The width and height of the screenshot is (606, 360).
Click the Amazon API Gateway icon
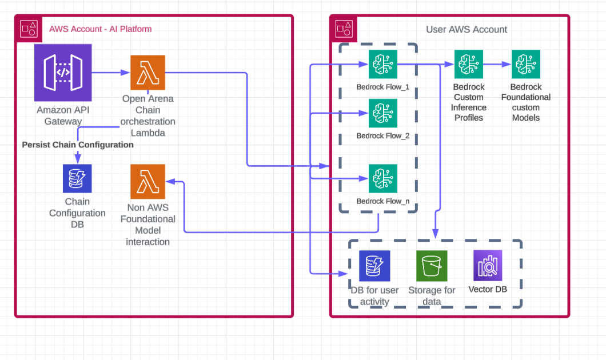coord(63,73)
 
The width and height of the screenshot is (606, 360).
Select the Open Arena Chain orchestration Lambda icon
coord(147,73)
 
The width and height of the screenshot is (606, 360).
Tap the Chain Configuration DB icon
coord(77,178)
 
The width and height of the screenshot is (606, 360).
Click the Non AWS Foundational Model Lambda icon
coord(147,182)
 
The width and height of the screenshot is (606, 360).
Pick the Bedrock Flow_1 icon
coord(383,65)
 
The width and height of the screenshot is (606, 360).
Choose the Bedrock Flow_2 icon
coord(383,113)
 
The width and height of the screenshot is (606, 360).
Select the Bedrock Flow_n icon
coord(383,179)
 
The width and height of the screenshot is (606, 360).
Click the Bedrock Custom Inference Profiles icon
coord(469,64)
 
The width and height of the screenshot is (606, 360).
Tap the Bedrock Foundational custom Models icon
coord(526,64)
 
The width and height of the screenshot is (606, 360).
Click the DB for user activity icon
coord(374,266)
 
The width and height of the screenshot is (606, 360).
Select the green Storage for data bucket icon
coord(432,266)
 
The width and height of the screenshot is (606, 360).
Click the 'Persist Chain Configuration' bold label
coord(78,145)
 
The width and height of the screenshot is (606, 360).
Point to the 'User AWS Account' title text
coord(467,29)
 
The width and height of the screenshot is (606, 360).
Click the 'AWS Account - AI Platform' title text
coord(100,29)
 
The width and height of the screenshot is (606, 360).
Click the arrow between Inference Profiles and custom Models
coord(497,64)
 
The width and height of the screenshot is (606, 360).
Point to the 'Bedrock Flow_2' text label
coord(383,136)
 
